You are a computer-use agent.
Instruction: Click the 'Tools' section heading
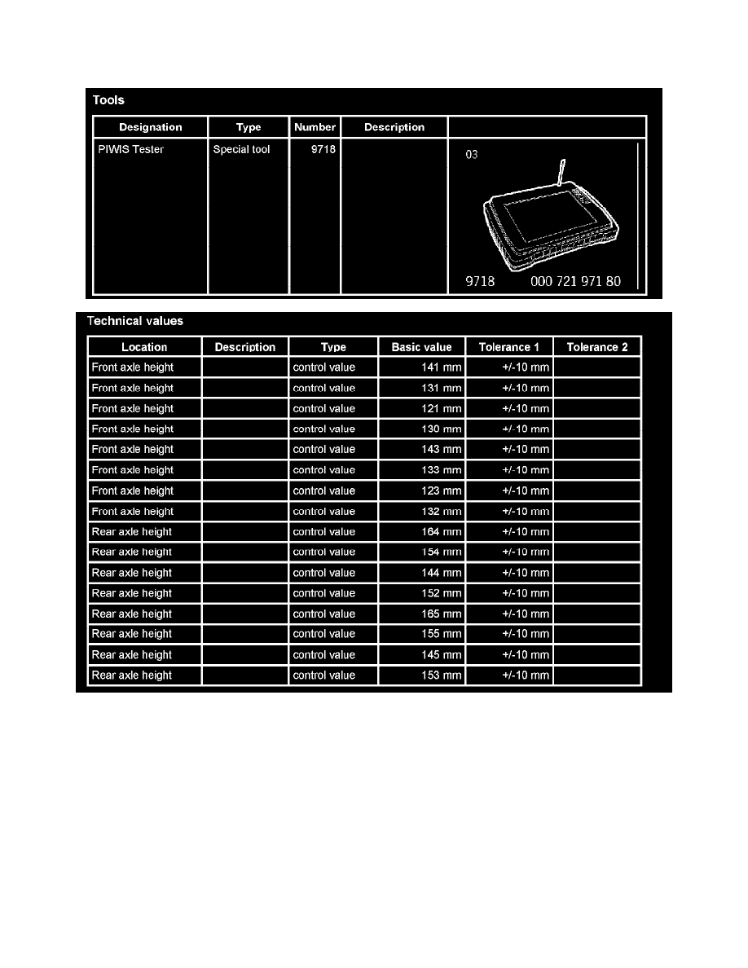[x=108, y=100]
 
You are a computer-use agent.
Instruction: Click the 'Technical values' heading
[x=135, y=321]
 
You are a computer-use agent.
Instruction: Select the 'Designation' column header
[x=151, y=127]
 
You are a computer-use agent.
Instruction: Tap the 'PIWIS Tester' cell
[x=131, y=150]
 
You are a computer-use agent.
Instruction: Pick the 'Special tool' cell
[x=241, y=150]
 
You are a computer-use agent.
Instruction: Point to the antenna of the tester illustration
[x=561, y=174]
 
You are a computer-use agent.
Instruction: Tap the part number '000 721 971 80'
[x=575, y=282]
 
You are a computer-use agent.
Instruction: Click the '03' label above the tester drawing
[x=472, y=154]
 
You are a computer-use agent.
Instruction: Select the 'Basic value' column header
[x=421, y=347]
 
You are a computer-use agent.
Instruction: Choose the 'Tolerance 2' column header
[x=597, y=347]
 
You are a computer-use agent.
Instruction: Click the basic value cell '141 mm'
[x=441, y=367]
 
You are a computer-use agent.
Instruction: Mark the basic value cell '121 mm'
[x=441, y=408]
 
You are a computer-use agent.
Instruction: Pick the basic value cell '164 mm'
[x=441, y=532]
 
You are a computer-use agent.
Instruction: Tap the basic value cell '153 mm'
[x=441, y=675]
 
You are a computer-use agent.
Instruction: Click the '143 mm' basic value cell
[x=441, y=450]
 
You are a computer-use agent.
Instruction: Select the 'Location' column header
[x=144, y=347]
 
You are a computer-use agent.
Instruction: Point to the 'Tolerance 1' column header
[x=509, y=347]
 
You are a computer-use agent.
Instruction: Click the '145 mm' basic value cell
[x=441, y=655]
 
